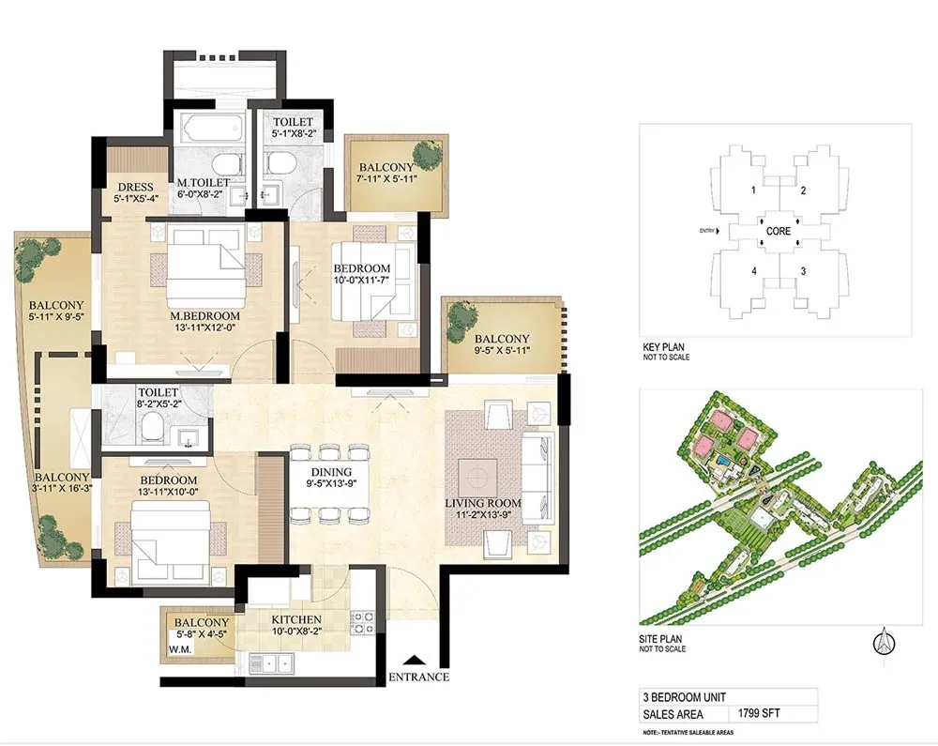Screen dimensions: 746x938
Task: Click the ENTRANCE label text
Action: (418, 677)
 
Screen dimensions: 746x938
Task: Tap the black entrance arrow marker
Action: (410, 660)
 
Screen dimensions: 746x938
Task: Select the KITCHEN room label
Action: (296, 620)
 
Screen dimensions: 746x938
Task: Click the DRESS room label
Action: (129, 186)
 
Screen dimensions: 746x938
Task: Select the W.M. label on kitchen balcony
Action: (180, 647)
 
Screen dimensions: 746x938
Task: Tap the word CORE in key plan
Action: (778, 230)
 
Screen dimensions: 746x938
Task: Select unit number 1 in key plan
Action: (752, 190)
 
